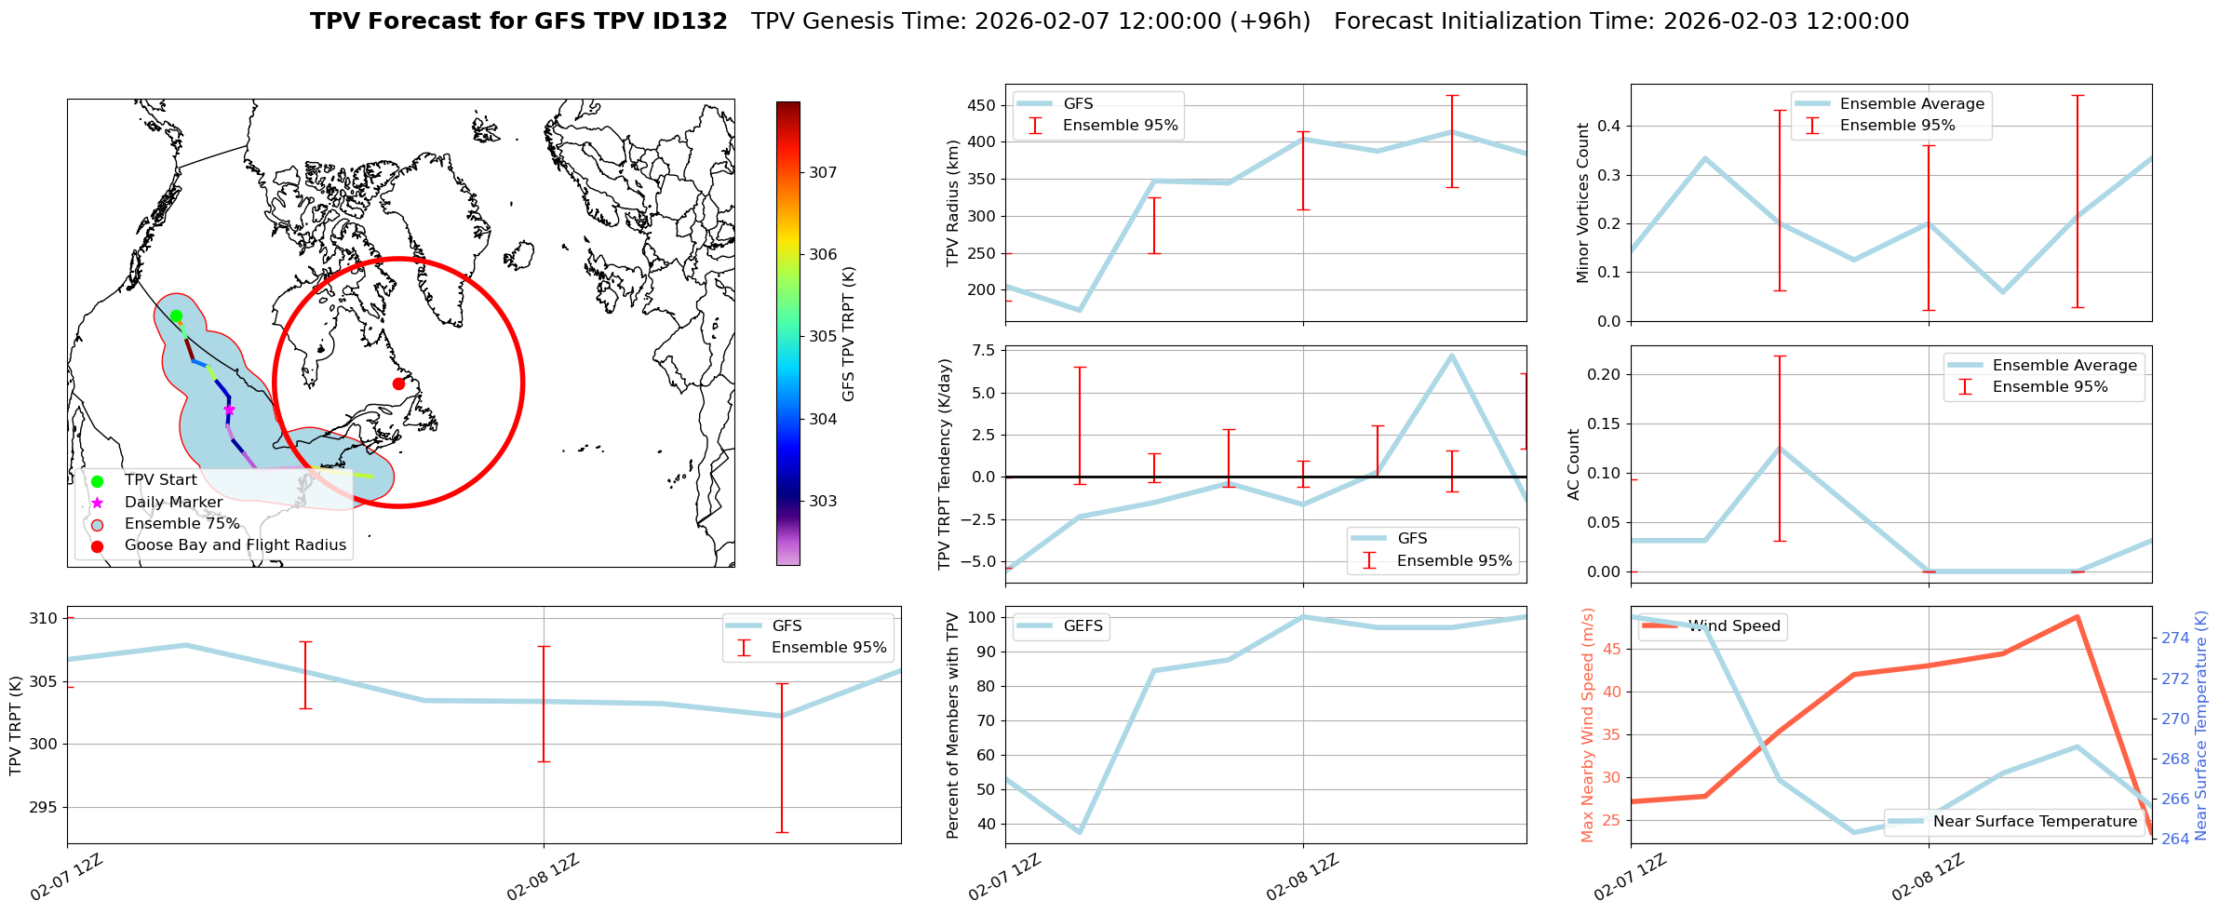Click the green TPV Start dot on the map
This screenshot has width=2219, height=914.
click(x=176, y=316)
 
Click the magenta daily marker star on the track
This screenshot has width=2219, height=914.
click(x=229, y=410)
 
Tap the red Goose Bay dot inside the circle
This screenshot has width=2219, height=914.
click(x=398, y=383)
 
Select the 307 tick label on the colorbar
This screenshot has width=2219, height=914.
click(x=823, y=172)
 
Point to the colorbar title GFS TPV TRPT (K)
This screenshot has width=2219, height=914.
click(x=848, y=334)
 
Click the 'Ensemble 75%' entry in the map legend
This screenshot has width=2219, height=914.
click(x=182, y=524)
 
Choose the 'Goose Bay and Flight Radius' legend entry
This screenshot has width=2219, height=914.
click(x=235, y=545)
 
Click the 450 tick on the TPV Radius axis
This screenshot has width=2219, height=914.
click(x=981, y=105)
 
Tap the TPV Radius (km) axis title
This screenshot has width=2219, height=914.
click(x=952, y=203)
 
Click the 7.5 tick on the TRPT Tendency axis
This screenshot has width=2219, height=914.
click(x=983, y=351)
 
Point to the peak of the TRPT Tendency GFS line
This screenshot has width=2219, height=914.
click(x=1451, y=355)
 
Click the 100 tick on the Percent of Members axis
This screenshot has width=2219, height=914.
click(x=983, y=617)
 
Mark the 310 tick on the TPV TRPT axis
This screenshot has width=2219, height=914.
click(x=45, y=619)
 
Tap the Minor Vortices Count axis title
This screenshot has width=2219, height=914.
click(x=1583, y=203)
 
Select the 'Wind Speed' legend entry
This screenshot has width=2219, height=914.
click(x=1734, y=626)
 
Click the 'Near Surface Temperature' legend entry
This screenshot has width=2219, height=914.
click(x=2035, y=822)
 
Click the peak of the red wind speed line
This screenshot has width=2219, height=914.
click(x=2077, y=617)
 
